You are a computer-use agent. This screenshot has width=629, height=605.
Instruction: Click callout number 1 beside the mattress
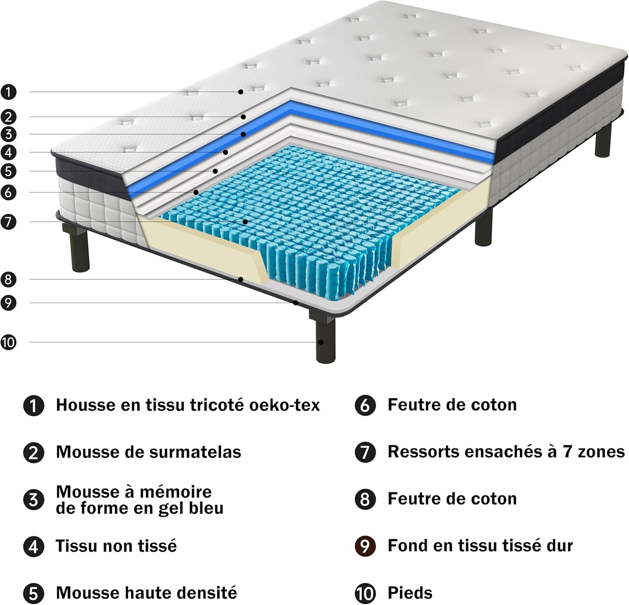tap(8, 92)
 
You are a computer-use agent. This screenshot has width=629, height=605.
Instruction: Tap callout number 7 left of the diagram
tap(8, 222)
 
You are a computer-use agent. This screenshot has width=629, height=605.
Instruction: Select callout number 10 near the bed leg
tap(8, 342)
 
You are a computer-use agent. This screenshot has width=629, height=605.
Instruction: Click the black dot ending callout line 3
tap(243, 134)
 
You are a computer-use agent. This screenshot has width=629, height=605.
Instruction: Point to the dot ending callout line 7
tap(245, 221)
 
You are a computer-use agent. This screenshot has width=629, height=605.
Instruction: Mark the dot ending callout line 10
tap(321, 342)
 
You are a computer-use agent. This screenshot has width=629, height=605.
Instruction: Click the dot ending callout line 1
tap(241, 91)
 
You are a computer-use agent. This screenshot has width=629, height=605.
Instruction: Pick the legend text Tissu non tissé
tap(116, 546)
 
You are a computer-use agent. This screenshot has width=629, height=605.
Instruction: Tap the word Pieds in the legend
tap(410, 593)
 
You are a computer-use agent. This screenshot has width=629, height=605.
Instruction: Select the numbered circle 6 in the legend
tap(365, 406)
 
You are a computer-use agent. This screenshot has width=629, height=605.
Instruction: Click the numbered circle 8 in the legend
tap(365, 499)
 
